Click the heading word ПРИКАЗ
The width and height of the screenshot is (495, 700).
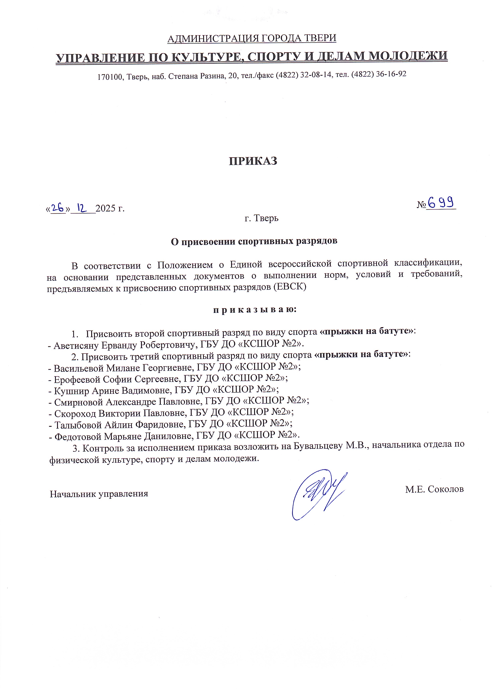point(253,161)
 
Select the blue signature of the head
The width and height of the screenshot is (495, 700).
point(319,495)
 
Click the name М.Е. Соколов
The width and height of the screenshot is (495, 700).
point(434,489)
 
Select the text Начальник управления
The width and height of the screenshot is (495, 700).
point(99,494)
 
